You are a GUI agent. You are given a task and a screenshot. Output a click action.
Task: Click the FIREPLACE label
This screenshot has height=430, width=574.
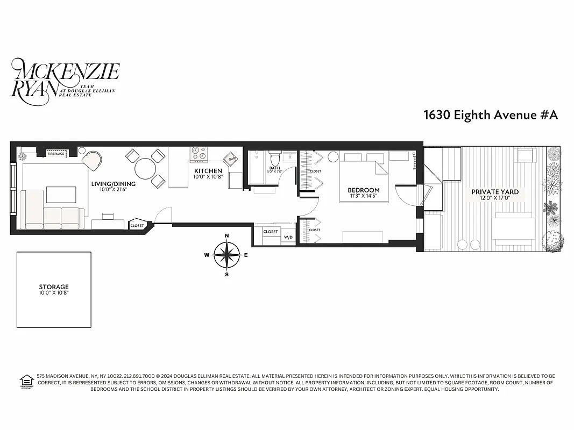pos(56,154)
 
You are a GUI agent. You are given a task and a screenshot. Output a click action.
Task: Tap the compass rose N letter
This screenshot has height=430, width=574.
pos(227,236)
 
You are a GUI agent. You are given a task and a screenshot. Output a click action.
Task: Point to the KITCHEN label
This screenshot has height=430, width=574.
pos(208,171)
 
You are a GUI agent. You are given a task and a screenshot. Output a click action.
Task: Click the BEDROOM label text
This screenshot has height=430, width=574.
pos(363,190)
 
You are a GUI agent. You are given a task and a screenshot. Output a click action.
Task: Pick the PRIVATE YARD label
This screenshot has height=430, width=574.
pos(495,192)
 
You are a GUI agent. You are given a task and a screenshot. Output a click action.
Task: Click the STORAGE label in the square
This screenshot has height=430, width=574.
pos(54,287)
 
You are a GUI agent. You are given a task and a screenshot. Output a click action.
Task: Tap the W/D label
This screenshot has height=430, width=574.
pos(288,237)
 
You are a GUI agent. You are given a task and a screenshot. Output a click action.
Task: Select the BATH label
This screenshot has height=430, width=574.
pos(274,168)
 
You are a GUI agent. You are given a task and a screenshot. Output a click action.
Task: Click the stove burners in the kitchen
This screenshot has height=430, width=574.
pos(199,154)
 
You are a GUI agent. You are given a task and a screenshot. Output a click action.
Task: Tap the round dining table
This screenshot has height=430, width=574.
pos(145,169)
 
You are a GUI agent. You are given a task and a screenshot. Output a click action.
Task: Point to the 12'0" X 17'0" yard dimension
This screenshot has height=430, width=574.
pos(495,198)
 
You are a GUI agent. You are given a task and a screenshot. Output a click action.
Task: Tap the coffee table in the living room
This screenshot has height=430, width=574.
pos(60,193)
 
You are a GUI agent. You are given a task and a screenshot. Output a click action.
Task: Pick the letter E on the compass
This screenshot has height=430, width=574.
pos(246,255)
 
